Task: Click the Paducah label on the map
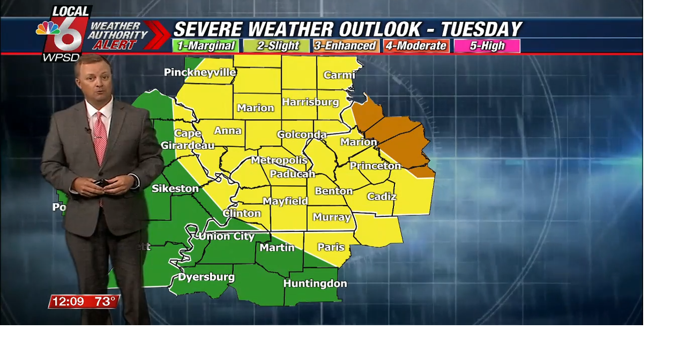coord(292,174)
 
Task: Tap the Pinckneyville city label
coord(200,72)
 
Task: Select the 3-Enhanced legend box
coord(346,46)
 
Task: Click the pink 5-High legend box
coord(487,46)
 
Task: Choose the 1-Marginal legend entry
coord(206,46)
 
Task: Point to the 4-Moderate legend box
coord(416,46)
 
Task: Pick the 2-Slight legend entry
coord(277,46)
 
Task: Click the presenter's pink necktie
coord(100,137)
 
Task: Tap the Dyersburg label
coord(206,277)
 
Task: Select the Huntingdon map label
coord(315,283)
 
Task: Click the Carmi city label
coord(339,75)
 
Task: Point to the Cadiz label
coord(382,197)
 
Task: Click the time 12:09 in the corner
coord(68,302)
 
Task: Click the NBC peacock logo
coord(48,28)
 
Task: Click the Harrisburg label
coord(310,102)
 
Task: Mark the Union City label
coord(226,236)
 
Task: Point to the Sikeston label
coord(175,189)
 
